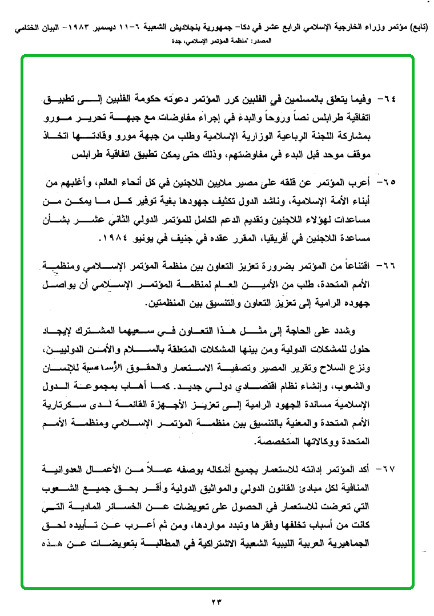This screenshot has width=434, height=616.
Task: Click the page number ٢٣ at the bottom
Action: [x=218, y=601]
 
